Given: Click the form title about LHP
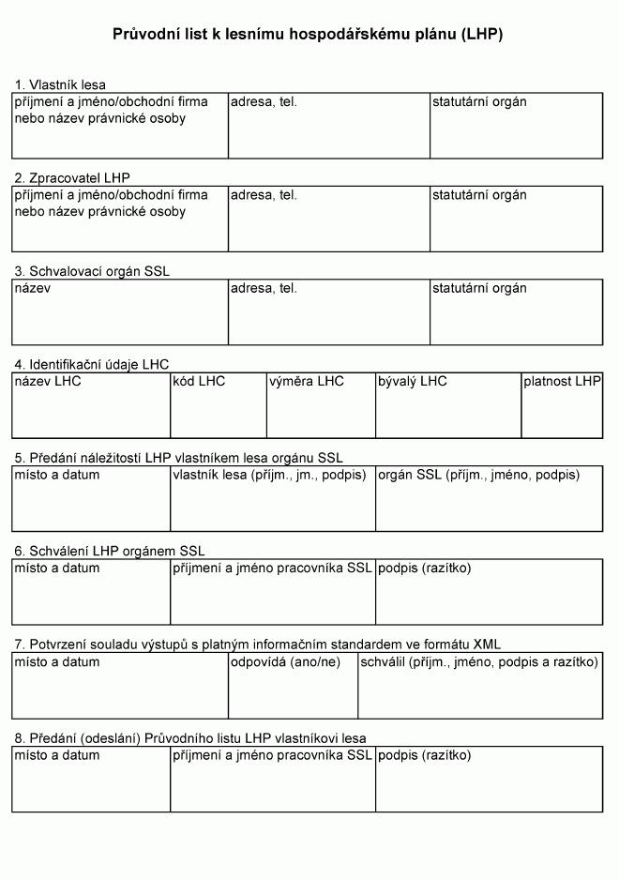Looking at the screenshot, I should pos(309,34).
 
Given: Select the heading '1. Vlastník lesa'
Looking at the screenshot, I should pos(60,84).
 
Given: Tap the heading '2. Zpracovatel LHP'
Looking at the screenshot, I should pos(72,177).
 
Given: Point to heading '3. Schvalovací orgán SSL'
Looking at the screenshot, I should pos(91,271).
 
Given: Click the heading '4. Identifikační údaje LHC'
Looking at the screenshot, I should pos(91,364).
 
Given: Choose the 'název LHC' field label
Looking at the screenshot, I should pos(48,381).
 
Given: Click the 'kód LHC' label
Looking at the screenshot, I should pos(200,381).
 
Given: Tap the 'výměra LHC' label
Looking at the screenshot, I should pos(307,381).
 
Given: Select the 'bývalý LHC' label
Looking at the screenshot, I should pos(413,381).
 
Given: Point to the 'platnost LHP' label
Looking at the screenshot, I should pos(562,381).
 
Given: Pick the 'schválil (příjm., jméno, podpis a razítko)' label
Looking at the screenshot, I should pos(479,661).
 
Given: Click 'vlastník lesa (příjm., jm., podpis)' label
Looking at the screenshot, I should pos(272,475).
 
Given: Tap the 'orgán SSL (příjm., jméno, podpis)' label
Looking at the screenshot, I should pos(478,475).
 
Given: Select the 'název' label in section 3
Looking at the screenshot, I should pos(33,288).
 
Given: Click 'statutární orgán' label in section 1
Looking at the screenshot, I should pos(479,101).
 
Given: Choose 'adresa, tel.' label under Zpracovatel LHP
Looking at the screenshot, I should pos(264,195).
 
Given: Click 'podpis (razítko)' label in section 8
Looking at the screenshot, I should pos(425,755).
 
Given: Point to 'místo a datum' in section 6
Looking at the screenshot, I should pos(56,569).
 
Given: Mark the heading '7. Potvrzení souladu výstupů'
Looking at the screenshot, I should pos(257,645).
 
